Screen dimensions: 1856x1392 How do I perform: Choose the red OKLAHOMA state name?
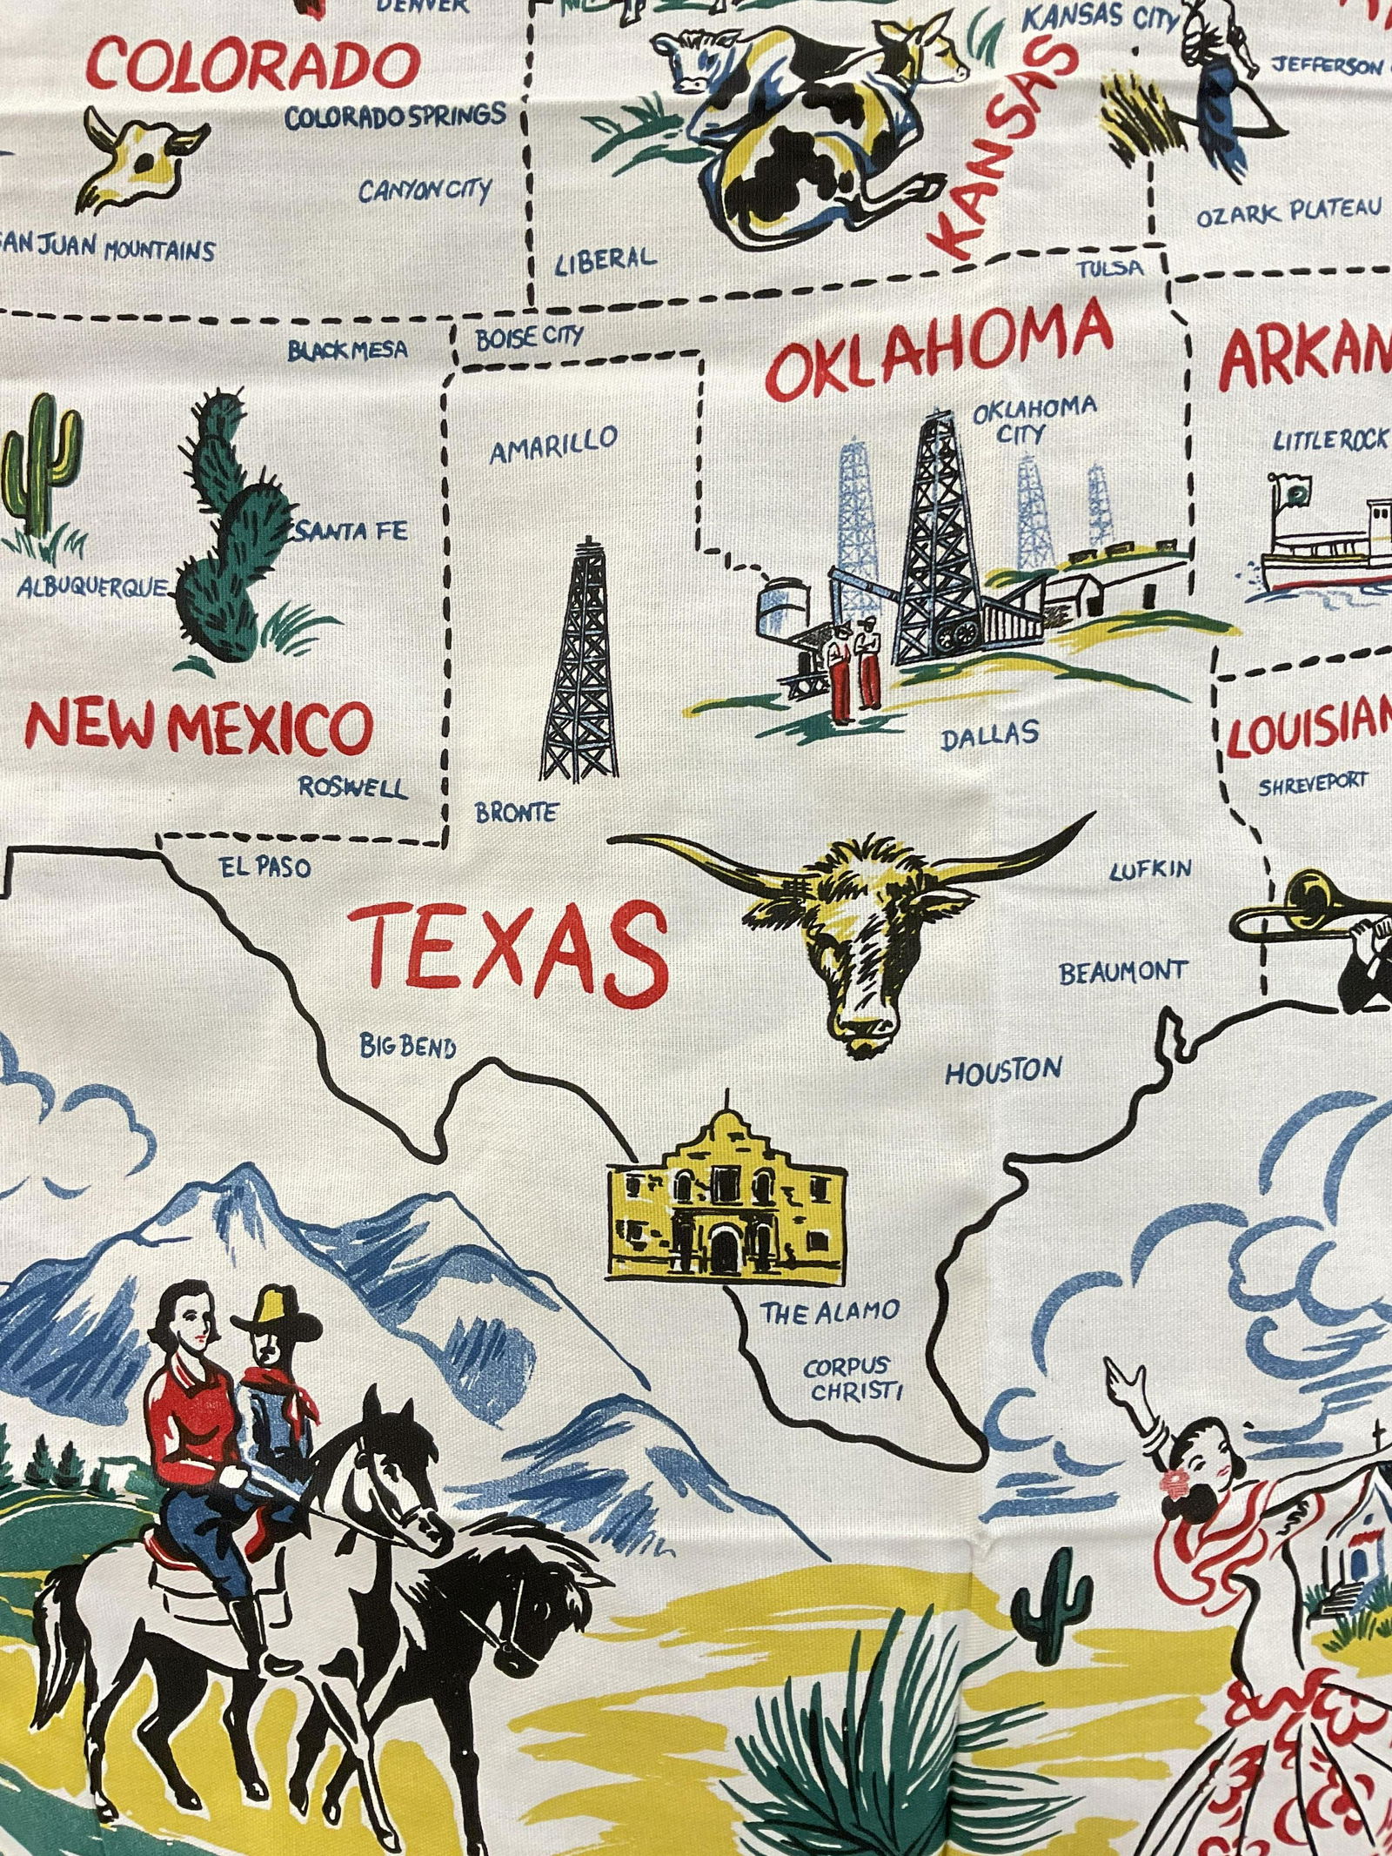[x=941, y=349]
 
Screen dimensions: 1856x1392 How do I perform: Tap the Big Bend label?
[x=408, y=1046]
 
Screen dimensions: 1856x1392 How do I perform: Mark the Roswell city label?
[x=352, y=788]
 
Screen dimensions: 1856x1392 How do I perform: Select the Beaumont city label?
[x=1122, y=972]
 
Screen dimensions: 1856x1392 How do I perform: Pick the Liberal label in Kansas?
[x=605, y=258]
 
